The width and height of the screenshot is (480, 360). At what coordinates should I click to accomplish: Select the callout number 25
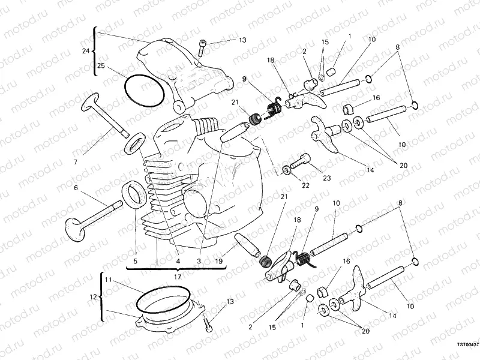(x=101, y=66)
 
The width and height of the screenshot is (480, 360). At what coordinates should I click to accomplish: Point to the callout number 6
(x=76, y=188)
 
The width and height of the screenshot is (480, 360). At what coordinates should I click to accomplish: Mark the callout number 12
(x=91, y=296)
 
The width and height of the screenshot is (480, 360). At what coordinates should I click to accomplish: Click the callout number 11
(x=107, y=280)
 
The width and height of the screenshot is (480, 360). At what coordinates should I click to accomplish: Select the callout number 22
(x=305, y=185)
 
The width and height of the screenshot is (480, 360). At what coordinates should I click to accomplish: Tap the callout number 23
(x=327, y=178)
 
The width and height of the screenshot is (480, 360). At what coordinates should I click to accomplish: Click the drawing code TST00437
(x=467, y=345)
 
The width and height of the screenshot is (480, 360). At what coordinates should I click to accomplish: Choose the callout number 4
(x=178, y=262)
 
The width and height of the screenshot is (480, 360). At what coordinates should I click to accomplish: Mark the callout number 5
(x=136, y=262)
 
